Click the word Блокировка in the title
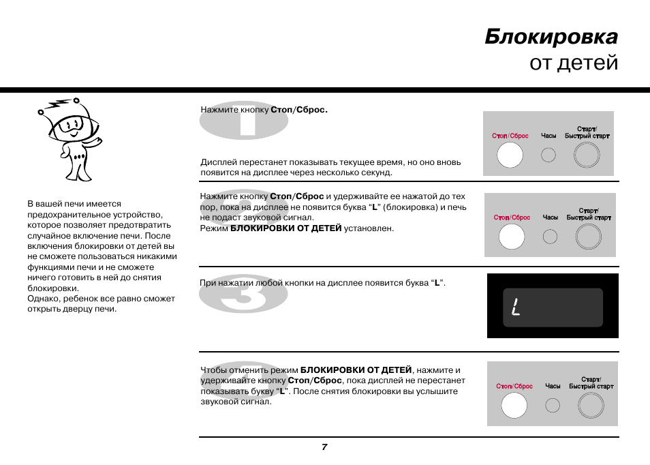tap(551, 36)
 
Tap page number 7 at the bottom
tap(324, 447)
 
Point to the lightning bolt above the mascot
tap(56, 105)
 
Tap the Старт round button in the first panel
tap(587, 156)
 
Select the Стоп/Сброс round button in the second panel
tap(512, 237)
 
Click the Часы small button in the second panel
tap(550, 237)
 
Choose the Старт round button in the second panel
tap(589, 237)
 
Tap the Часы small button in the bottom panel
tap(553, 405)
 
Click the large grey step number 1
tap(243, 121)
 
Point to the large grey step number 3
tap(243, 293)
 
